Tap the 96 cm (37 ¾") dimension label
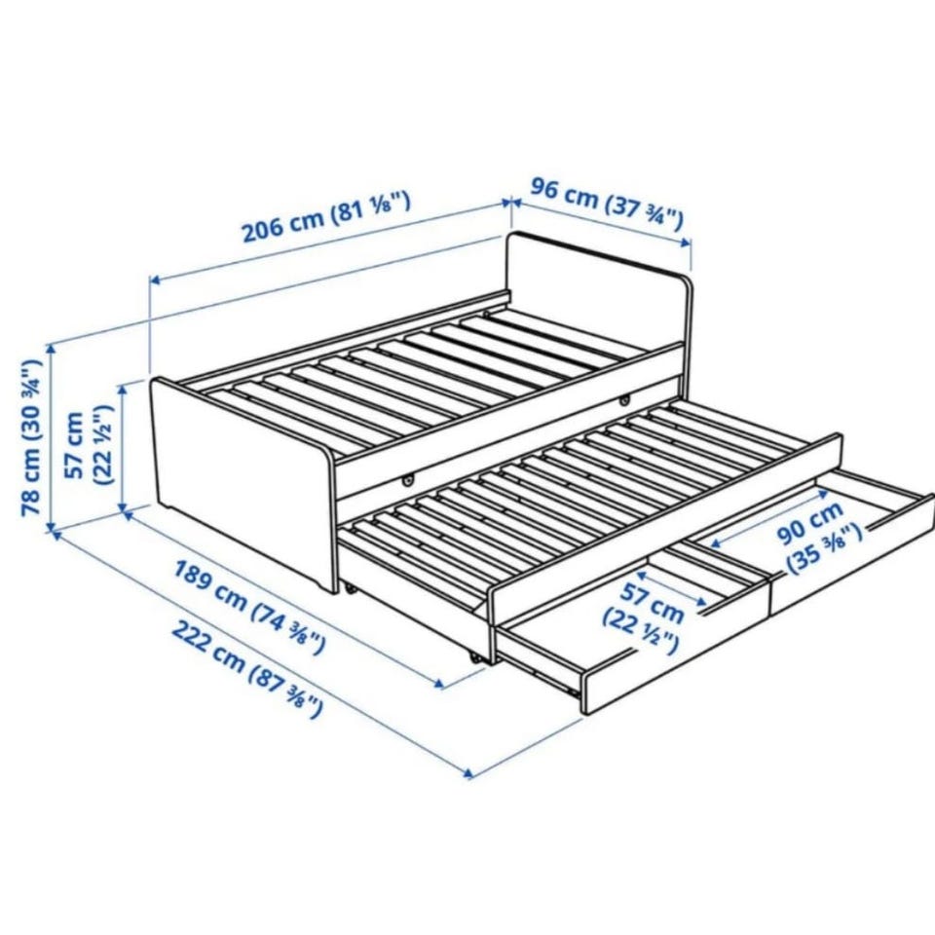coord(607,205)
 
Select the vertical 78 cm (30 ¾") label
coord(31,437)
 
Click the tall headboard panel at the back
coord(599,289)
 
